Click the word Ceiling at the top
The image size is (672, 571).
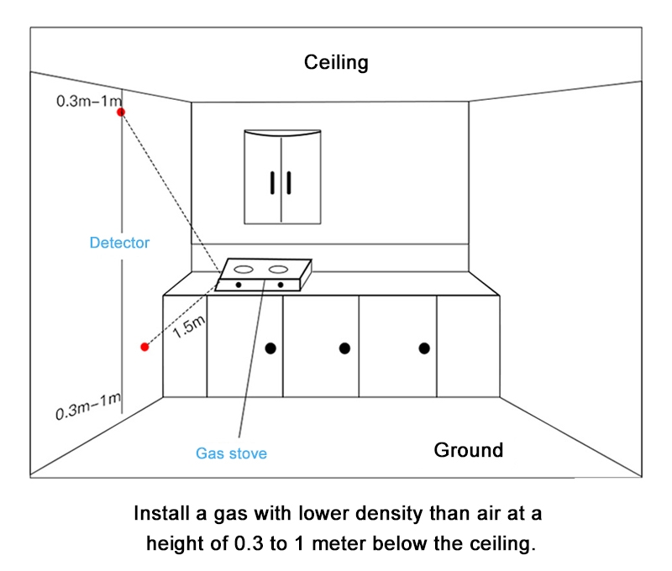[336, 63]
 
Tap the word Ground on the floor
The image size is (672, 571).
[468, 449]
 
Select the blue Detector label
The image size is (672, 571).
[119, 243]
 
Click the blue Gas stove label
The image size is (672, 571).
[231, 453]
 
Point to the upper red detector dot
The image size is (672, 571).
[121, 112]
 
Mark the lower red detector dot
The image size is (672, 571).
[144, 346]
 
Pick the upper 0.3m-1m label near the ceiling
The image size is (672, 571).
[88, 102]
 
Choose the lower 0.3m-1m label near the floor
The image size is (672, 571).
[88, 409]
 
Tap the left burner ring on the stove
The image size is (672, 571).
[244, 270]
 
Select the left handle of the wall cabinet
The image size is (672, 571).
[273, 181]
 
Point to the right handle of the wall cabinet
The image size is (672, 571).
[288, 181]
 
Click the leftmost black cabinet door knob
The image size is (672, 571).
[270, 348]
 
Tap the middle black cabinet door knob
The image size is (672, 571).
[344, 348]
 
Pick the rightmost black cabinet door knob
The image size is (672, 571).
[424, 348]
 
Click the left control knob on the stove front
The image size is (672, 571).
[239, 285]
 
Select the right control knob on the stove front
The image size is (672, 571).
[280, 285]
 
